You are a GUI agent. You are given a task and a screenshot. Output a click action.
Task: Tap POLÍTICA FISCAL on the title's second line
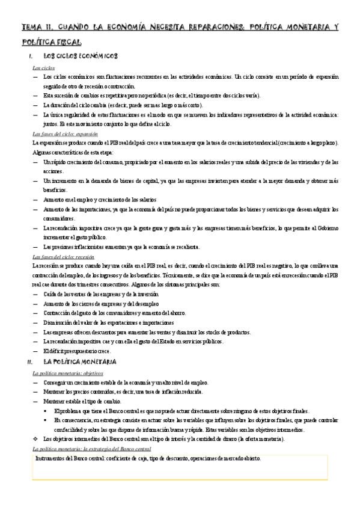coord(51,42)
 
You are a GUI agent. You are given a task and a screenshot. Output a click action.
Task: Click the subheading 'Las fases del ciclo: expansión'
coord(65,134)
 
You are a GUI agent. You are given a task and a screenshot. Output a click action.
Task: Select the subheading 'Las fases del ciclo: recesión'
coord(63,256)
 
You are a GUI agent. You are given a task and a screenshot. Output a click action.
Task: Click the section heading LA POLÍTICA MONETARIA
coord(84,362)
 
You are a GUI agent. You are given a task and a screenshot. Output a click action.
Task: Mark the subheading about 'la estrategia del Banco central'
coord(91,449)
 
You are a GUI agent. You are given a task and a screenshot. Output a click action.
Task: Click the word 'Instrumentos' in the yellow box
coord(52,459)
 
